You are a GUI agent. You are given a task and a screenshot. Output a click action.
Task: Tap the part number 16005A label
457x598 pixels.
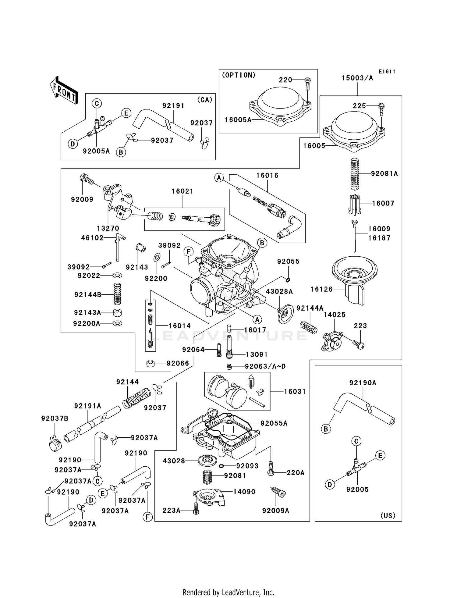tap(238, 120)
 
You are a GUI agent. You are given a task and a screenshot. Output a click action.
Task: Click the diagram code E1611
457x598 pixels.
tap(387, 72)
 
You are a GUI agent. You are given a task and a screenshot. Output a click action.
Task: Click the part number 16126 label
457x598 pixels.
tap(321, 289)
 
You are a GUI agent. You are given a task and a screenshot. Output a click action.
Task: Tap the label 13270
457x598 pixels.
tap(108, 228)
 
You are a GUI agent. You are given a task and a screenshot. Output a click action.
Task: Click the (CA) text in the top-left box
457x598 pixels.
tap(204, 100)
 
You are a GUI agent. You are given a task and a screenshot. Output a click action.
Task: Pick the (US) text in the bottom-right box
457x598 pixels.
tap(388, 515)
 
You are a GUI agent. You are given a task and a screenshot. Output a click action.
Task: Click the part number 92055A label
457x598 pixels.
tap(274, 423)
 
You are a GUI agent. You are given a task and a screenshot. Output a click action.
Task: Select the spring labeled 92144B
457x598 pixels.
tap(117, 294)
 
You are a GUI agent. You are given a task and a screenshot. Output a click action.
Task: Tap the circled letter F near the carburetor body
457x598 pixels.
tap(188, 252)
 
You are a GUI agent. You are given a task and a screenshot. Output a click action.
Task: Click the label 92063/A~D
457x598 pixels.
tap(265, 366)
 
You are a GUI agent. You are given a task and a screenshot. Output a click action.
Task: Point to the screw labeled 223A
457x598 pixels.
tap(196, 510)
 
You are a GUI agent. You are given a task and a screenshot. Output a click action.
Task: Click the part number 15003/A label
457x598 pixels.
tap(357, 78)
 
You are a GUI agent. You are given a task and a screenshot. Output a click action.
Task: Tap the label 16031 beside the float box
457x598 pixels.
tap(295, 392)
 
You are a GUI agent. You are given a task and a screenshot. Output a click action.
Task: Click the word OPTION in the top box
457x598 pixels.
tap(239, 75)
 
